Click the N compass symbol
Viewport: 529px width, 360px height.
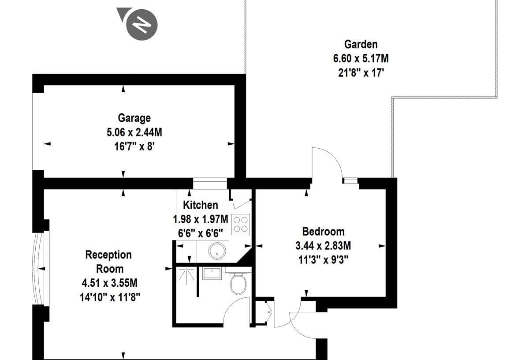point(142,25)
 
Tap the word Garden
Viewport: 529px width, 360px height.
point(361,45)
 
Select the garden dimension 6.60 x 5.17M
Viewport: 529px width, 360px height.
point(361,58)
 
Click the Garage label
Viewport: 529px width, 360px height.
point(134,118)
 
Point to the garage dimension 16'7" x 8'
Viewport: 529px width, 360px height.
point(134,146)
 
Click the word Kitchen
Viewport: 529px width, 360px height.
point(201,205)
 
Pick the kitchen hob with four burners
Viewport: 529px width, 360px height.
point(240,224)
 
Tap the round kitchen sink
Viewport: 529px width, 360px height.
point(217,251)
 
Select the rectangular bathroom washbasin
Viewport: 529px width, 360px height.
point(212,273)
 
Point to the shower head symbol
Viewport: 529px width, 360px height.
point(186,274)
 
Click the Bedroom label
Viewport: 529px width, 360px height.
point(323,232)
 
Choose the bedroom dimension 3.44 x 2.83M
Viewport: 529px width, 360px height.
point(323,246)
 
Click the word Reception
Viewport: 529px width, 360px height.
point(108,255)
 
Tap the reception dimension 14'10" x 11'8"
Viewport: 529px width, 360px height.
point(110,297)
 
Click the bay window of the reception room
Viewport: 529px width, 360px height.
point(41,269)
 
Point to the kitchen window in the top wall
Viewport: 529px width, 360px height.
point(210,184)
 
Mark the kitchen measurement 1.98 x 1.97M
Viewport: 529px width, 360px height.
point(201,219)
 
